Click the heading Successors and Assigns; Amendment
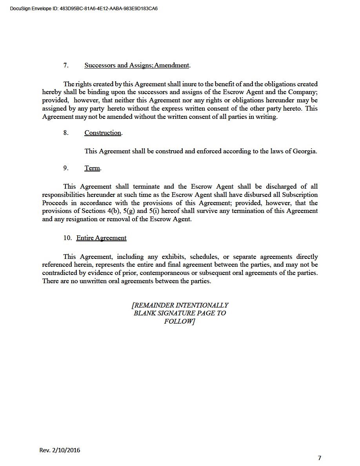click(x=137, y=66)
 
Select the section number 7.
click(x=65, y=66)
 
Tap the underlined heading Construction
click(x=103, y=133)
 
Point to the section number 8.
click(x=65, y=133)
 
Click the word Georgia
click(x=304, y=151)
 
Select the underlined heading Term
click(x=92, y=168)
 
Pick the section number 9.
click(x=65, y=168)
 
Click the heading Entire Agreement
click(x=102, y=238)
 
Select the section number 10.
click(x=67, y=238)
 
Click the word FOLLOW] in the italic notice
click(x=180, y=321)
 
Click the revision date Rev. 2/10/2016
click(x=60, y=450)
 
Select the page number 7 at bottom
click(x=319, y=458)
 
